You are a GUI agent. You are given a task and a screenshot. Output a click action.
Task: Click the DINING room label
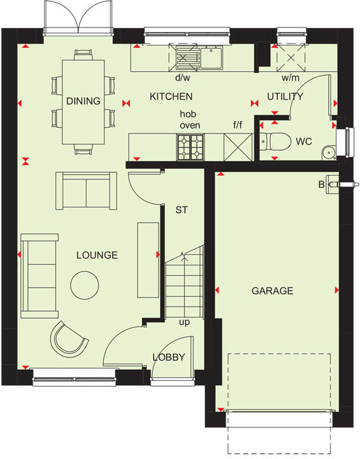pos(83,101)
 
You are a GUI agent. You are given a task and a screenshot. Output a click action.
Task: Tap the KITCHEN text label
pos(171,96)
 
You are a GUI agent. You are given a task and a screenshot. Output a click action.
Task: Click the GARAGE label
pos(273,291)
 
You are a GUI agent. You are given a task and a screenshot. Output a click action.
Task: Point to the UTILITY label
pos(285,96)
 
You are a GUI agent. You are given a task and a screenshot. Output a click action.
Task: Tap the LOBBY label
pos(169,357)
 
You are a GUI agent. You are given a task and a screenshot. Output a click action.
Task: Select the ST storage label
pos(181,210)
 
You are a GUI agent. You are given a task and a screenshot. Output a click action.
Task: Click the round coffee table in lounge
pos(84,284)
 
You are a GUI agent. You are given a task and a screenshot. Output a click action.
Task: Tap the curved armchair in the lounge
pos(68,338)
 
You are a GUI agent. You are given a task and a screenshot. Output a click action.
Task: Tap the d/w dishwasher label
pos(182,78)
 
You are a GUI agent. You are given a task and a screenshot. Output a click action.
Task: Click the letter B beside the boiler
pos(321,185)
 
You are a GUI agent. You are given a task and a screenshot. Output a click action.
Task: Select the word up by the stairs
pos(186,322)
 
